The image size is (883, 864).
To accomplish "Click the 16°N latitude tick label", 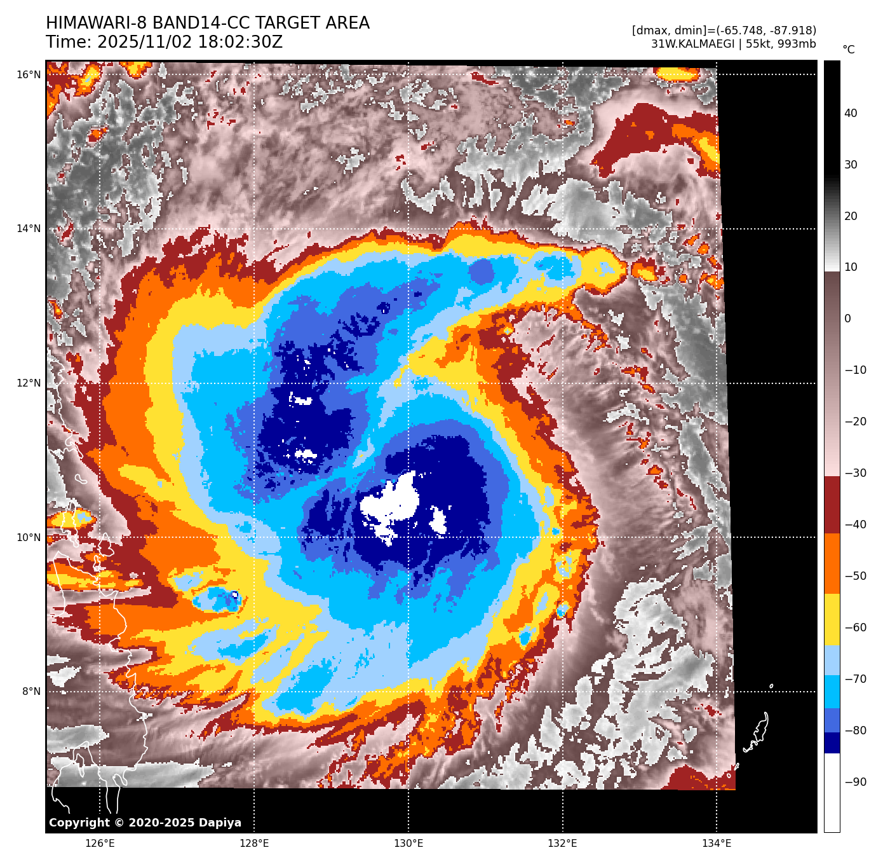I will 29,75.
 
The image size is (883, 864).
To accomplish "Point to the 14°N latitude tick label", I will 29,229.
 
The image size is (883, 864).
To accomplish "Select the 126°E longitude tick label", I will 100,844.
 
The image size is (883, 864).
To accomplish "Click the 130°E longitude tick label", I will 408,844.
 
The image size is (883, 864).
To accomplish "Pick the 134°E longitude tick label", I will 717,844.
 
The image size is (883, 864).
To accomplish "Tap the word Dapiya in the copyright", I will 220,823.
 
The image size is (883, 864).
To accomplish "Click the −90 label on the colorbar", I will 855,782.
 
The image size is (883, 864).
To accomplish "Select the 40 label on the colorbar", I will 851,113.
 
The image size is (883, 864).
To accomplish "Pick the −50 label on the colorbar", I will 855,576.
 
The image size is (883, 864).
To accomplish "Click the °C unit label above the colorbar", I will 849,50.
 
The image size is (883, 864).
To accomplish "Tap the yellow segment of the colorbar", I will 832,620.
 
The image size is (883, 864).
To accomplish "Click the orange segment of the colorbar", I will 832,563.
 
